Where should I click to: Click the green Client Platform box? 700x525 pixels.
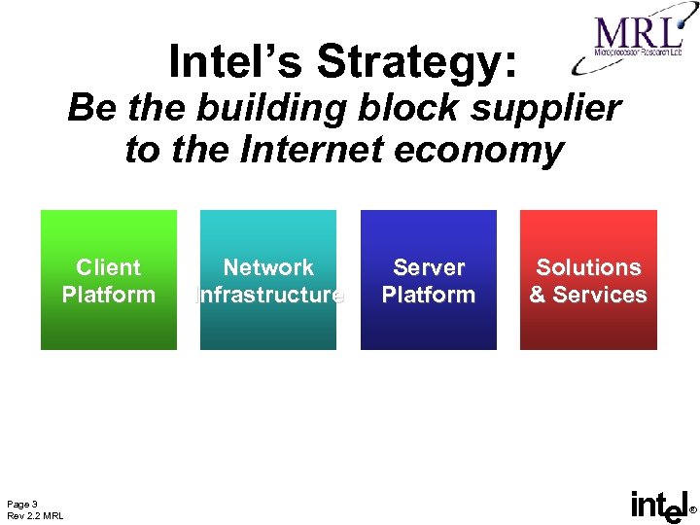pyautogui.click(x=109, y=321)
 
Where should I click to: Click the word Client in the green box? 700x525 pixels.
pyautogui.click(x=109, y=267)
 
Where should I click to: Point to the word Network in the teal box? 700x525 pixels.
pyautogui.click(x=268, y=267)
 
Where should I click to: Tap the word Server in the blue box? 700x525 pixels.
pyautogui.click(x=429, y=267)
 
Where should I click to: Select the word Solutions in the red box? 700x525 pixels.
pyautogui.click(x=588, y=267)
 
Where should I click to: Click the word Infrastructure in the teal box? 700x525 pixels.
pyautogui.click(x=269, y=295)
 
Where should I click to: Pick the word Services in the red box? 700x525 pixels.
pyautogui.click(x=600, y=295)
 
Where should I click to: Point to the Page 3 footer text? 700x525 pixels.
pyautogui.click(x=22, y=504)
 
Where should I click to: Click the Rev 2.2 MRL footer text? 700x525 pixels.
pyautogui.click(x=35, y=515)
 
